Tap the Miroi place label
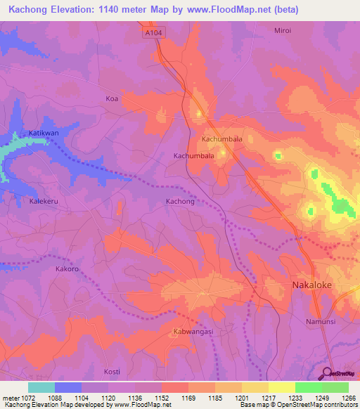tap(283, 30)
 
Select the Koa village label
tap(111, 98)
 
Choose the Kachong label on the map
tap(179, 201)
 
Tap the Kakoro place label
tap(69, 269)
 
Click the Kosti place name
tap(112, 371)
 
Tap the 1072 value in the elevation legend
tap(27, 398)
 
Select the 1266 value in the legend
tap(349, 398)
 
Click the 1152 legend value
tap(161, 398)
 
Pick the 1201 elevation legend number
tap(241, 398)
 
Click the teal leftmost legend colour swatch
tap(41, 387)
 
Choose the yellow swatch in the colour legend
tap(282, 387)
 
